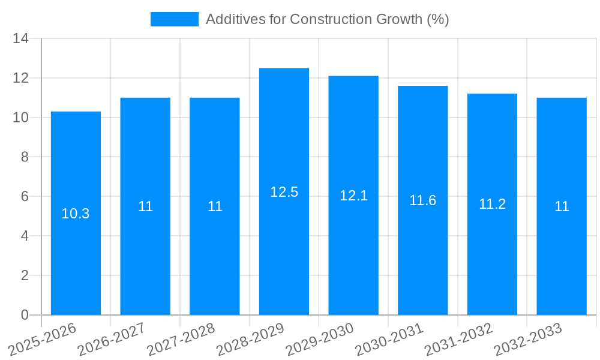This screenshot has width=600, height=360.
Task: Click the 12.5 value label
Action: click(284, 192)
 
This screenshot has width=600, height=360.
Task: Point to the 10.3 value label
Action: click(76, 214)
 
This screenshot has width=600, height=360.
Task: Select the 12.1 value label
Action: click(353, 196)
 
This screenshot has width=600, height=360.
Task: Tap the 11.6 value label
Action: click(423, 200)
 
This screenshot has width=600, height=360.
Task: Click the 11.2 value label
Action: click(492, 204)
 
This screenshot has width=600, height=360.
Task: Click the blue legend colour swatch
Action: click(174, 19)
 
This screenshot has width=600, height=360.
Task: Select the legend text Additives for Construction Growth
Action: click(327, 19)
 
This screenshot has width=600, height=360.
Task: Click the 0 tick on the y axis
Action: click(25, 315)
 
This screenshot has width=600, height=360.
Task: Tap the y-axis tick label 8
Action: click(25, 157)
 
